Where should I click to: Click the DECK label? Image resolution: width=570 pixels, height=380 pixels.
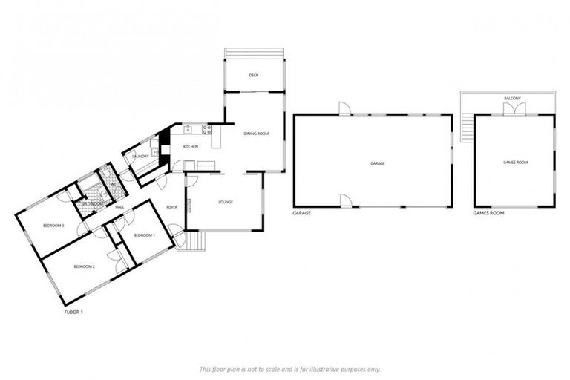pos(253,76)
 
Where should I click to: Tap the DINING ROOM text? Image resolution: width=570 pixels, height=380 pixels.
pos(255,134)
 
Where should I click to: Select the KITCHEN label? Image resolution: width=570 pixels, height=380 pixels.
pos(191,147)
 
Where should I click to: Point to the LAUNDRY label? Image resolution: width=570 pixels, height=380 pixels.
pos(141,157)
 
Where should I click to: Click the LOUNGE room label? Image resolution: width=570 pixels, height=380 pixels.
pos(226,202)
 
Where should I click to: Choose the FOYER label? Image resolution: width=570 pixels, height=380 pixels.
pos(171,207)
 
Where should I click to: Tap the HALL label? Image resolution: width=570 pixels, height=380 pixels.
pos(119,207)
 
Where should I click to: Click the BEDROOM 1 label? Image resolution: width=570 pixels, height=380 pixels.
pos(144,235)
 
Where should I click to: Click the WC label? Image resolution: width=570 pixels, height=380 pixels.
pos(112,184)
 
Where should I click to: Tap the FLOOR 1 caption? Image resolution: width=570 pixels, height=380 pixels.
pos(73,312)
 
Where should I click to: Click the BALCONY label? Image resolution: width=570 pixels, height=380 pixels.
pos(512,98)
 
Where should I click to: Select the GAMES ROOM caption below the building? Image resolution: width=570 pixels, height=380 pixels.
pos(488,213)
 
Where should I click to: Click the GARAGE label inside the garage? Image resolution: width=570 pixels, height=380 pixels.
pos(377,163)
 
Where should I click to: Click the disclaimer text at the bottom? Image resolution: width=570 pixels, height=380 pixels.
pos(289,369)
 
